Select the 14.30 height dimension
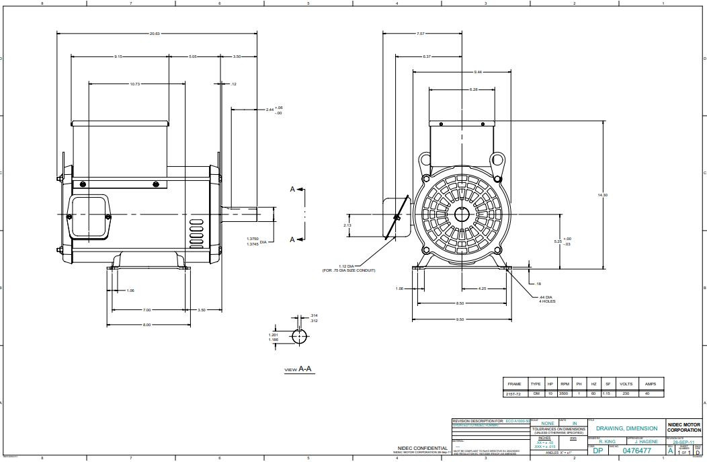point(602,194)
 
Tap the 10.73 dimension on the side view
point(135,84)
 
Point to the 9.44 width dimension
point(478,71)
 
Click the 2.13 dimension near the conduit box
point(347,225)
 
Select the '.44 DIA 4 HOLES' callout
point(546,299)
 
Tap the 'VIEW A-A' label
point(299,369)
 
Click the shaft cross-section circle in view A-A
point(298,336)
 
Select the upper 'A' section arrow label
point(292,190)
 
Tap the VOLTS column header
point(626,383)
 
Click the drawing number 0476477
point(637,451)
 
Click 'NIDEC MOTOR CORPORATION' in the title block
point(684,427)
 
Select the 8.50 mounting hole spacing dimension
point(460,303)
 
